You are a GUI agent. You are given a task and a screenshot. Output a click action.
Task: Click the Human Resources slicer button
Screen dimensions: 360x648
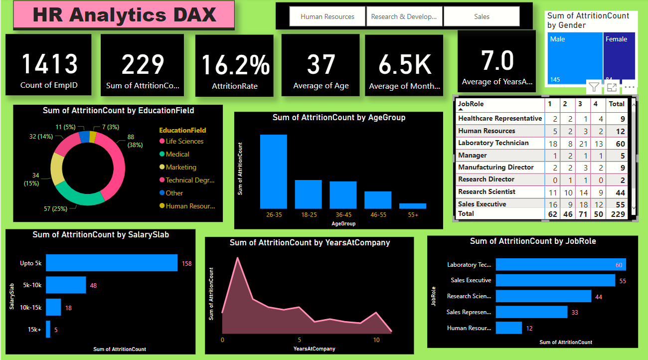pyautogui.click(x=327, y=16)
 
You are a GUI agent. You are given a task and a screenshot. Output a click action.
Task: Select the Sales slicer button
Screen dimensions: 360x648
pyautogui.click(x=481, y=16)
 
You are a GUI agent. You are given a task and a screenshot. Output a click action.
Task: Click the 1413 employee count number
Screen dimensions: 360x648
pyautogui.click(x=49, y=64)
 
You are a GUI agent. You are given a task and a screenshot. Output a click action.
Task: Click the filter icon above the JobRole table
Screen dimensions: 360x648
pyautogui.click(x=593, y=87)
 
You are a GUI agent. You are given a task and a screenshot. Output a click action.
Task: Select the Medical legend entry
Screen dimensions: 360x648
pyautogui.click(x=177, y=154)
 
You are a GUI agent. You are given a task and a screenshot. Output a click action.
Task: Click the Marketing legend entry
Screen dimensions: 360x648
pyautogui.click(x=180, y=167)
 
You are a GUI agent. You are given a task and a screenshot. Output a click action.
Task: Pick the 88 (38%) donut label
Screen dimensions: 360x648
pyautogui.click(x=135, y=141)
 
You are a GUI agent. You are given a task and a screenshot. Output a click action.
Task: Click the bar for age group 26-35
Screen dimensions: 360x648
pyautogui.click(x=273, y=172)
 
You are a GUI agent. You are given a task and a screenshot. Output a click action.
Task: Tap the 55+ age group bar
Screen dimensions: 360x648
pyautogui.click(x=413, y=205)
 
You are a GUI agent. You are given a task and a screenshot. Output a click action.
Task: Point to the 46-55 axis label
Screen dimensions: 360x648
pyautogui.click(x=378, y=215)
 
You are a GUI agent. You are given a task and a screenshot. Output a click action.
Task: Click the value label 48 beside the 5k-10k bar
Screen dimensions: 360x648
pyautogui.click(x=93, y=286)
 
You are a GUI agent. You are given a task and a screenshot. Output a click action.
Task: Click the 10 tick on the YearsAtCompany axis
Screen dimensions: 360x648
pyautogui.click(x=376, y=340)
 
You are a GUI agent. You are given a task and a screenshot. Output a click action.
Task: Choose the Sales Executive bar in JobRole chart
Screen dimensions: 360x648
pyautogui.click(x=555, y=280)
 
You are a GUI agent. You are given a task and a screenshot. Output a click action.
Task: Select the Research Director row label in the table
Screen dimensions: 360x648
pyautogui.click(x=486, y=179)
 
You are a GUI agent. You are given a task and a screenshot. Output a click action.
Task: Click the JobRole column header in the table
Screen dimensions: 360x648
pyautogui.click(x=471, y=104)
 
